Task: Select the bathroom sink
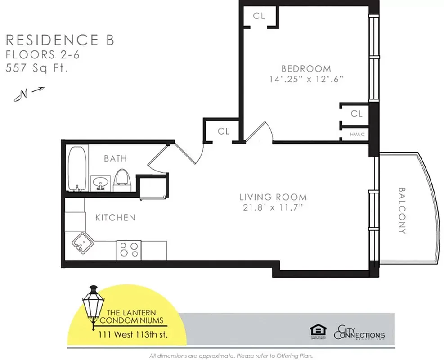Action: tap(100, 183)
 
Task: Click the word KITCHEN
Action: tap(115, 218)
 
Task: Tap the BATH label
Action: tap(115, 158)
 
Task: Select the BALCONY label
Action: tap(402, 210)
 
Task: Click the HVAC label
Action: tap(357, 134)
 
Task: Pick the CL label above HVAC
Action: tap(356, 114)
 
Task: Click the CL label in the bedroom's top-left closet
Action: tap(259, 16)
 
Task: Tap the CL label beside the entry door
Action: tap(224, 131)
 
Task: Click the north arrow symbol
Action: tap(30, 93)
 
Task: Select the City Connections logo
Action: tap(359, 333)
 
